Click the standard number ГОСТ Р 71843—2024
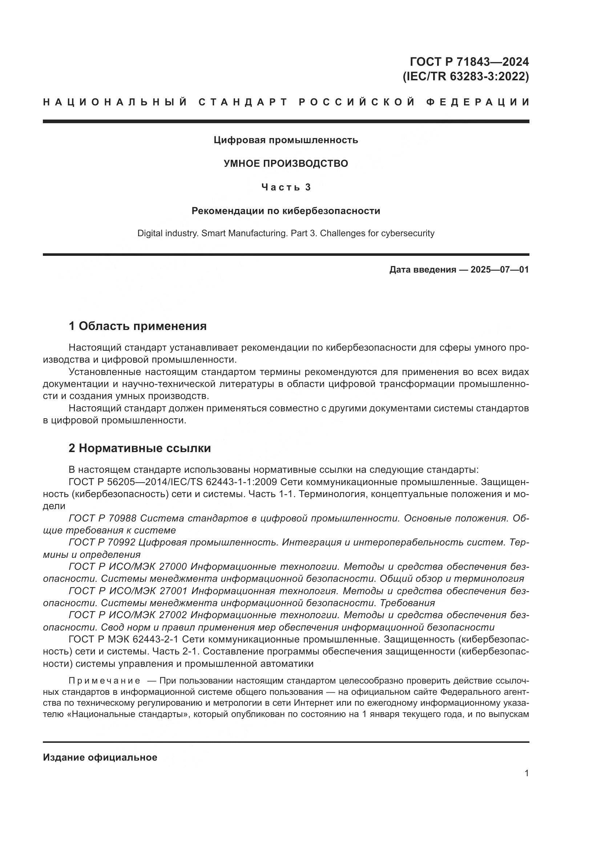469,61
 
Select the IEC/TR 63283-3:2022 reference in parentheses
465,76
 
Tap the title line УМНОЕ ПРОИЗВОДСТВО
286,164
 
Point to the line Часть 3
286,187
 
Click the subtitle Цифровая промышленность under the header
286,140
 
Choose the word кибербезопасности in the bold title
331,211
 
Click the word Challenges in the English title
341,234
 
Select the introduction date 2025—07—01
500,270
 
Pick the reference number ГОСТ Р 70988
103,518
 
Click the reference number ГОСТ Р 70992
103,542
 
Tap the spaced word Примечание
104,681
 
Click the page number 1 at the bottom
526,773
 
